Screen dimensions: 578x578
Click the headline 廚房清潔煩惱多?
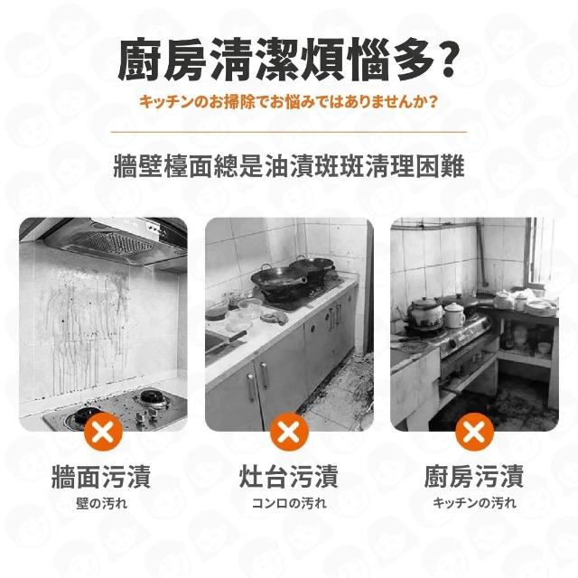coord(289,61)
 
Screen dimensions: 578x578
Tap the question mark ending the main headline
coord(446,61)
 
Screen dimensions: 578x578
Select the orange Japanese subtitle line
coord(289,102)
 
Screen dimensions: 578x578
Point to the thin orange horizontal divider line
coord(289,131)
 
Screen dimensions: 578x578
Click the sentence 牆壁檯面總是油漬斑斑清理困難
coord(289,166)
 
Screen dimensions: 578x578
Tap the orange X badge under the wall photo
coord(103,432)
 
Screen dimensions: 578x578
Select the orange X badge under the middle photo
coord(289,432)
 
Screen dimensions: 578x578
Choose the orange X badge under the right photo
coord(475,432)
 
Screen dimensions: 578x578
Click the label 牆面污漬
coord(101,477)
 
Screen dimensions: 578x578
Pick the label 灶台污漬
coord(289,477)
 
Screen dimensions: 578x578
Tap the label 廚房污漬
coord(474,477)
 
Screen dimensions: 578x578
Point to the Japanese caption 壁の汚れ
coord(102,503)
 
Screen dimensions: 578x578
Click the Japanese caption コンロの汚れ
coord(289,503)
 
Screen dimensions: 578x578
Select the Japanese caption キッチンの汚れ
coord(474,503)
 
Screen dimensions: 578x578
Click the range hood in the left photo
coord(110,239)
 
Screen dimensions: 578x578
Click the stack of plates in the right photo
coord(540,307)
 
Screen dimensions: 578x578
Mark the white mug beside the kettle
coord(453,315)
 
